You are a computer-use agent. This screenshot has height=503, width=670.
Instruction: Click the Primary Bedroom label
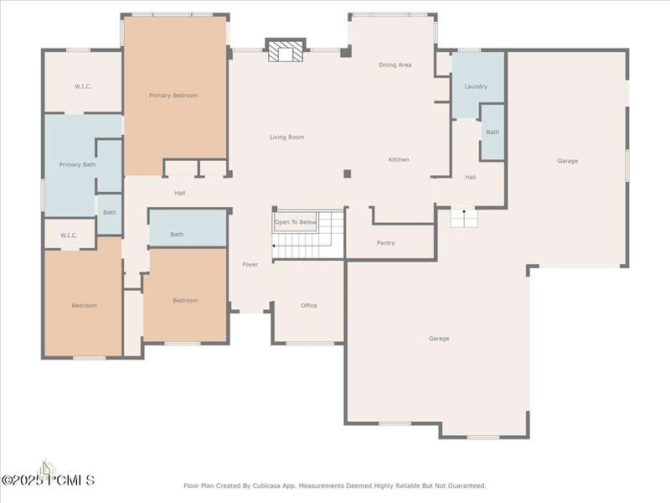pos(173,96)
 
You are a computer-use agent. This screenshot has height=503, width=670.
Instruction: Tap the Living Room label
pos(287,137)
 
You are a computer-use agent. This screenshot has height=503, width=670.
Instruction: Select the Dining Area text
pos(395,65)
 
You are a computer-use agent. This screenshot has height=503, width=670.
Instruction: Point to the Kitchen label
pos(399,159)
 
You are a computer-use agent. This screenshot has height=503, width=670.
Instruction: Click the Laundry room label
pos(476,86)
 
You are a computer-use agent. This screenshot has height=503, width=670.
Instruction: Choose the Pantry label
pos(386,243)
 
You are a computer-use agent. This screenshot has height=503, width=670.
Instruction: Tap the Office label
pos(309,305)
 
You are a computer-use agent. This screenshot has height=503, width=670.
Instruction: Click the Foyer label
pos(250,265)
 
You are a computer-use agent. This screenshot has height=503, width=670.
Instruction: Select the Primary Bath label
pos(77,164)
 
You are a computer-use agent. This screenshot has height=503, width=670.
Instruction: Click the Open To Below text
pos(296,222)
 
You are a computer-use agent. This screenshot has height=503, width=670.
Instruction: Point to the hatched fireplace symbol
pos(286,51)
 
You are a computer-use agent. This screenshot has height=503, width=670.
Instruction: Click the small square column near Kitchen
pos(348,174)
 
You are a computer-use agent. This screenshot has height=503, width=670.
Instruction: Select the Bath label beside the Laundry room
pos(492,132)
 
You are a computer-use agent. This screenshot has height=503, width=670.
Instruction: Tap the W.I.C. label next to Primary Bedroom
pos(83,87)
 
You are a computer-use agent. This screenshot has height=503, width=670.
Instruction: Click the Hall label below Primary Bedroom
pos(180,194)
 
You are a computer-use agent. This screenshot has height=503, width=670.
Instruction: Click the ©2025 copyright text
pos(23,480)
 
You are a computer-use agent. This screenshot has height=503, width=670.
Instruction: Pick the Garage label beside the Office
pos(439,339)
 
